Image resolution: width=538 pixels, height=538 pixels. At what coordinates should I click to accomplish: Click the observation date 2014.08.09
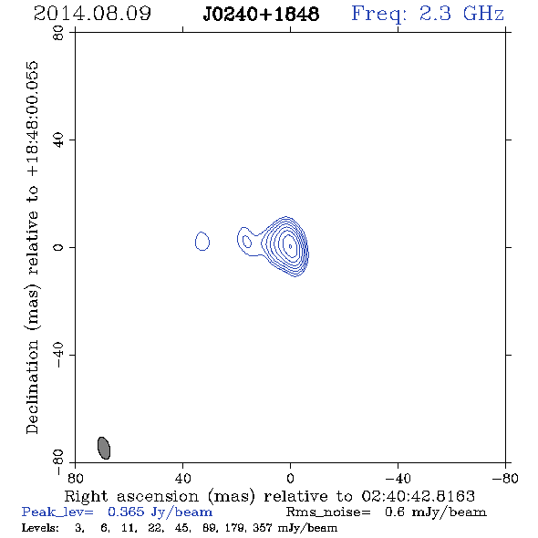coord(92,14)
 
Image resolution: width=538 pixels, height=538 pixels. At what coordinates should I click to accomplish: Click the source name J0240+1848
coord(261,14)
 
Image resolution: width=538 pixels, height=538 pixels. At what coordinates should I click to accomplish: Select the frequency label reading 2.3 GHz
coord(461,14)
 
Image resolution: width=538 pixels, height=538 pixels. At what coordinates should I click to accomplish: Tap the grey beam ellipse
coord(104,448)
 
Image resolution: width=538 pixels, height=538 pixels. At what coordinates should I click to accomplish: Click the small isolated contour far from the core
coord(202,241)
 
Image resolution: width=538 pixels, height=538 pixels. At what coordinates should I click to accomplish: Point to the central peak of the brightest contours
coord(290,246)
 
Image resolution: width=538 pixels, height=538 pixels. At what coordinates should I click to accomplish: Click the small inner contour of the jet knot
coord(247,242)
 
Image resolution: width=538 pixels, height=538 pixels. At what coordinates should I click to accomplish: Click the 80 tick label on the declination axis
coord(58,33)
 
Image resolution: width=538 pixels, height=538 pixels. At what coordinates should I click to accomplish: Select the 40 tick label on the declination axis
coord(58,140)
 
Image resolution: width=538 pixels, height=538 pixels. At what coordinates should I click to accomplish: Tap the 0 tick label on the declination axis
coord(58,247)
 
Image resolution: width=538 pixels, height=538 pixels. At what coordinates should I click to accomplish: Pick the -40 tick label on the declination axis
coord(58,355)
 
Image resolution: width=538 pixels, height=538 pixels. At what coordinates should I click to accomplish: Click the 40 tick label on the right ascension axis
coord(183,479)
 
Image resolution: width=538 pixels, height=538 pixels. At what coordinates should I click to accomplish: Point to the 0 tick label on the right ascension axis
coord(290,479)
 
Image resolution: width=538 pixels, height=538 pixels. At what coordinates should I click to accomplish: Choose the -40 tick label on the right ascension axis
coord(398,479)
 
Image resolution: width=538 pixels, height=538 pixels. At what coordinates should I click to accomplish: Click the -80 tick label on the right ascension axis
coord(505,479)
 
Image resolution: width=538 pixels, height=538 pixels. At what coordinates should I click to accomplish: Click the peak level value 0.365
coord(126,512)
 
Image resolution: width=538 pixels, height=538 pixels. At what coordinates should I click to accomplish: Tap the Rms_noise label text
coord(328,512)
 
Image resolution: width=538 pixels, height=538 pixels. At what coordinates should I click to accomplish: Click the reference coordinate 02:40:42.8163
coord(419,496)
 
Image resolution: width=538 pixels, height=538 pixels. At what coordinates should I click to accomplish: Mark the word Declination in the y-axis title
coord(32,387)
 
